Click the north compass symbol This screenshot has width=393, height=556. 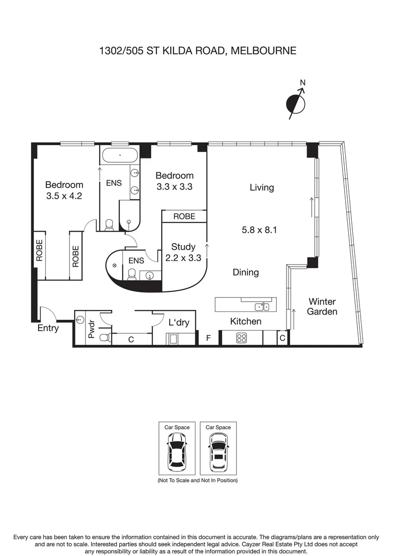coord(296,103)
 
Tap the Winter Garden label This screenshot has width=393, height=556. coord(322,306)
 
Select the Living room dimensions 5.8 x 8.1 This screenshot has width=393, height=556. coord(260,230)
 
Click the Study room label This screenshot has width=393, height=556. coord(183,247)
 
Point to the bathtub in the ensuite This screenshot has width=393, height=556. coord(120,154)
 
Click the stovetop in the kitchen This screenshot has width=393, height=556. coord(242,338)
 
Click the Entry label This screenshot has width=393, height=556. coord(48,328)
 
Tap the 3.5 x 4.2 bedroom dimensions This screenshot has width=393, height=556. coord(64,196)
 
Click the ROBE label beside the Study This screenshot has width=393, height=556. coord(184,216)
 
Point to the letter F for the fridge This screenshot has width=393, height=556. coord(208,338)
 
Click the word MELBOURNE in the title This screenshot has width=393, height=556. coord(263,50)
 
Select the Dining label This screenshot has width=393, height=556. coord(245,272)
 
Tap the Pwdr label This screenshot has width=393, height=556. coord(92,329)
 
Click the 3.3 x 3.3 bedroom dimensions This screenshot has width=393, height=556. coord(174,187)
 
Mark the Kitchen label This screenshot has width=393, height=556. coord(245,321)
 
